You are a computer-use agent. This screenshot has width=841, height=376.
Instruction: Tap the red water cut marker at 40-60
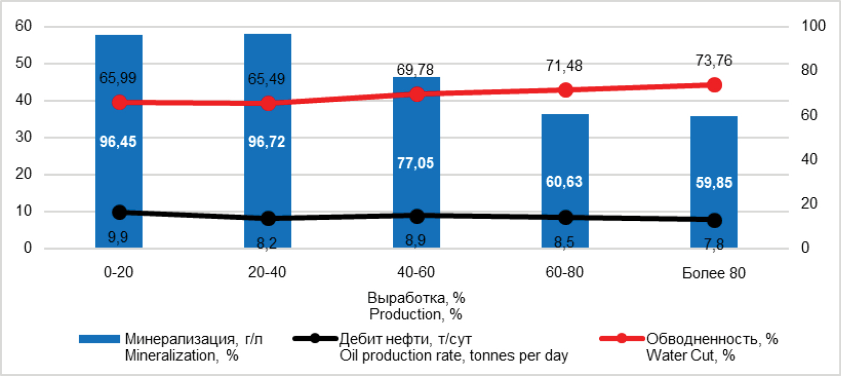[x=417, y=94]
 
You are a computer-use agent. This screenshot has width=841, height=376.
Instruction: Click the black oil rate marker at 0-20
[x=119, y=212]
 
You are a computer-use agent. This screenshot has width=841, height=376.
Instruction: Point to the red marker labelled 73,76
[x=714, y=85]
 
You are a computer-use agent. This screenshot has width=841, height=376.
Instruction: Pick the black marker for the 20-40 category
[x=268, y=218]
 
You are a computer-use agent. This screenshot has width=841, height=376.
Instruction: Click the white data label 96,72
[x=267, y=142]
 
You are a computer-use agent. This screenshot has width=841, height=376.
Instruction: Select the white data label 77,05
[x=415, y=163]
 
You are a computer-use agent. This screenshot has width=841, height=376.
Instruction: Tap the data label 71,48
[x=564, y=66]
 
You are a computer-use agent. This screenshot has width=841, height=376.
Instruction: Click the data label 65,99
[x=118, y=78]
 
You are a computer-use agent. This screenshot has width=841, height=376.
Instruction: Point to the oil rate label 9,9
[x=118, y=238]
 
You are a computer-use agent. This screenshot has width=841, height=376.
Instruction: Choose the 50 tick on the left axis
[x=24, y=63]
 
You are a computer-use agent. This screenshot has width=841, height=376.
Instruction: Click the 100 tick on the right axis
[x=813, y=26]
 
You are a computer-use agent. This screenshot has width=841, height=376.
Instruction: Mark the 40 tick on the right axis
[x=809, y=159]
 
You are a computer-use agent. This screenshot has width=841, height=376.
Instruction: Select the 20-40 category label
[x=267, y=272]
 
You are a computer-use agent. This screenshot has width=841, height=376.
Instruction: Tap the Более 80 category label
[x=714, y=273]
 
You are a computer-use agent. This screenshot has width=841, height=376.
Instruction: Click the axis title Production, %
[x=416, y=314]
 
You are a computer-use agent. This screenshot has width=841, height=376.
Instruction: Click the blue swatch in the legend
[x=99, y=339]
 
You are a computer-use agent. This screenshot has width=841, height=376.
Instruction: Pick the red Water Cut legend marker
[x=622, y=338]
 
